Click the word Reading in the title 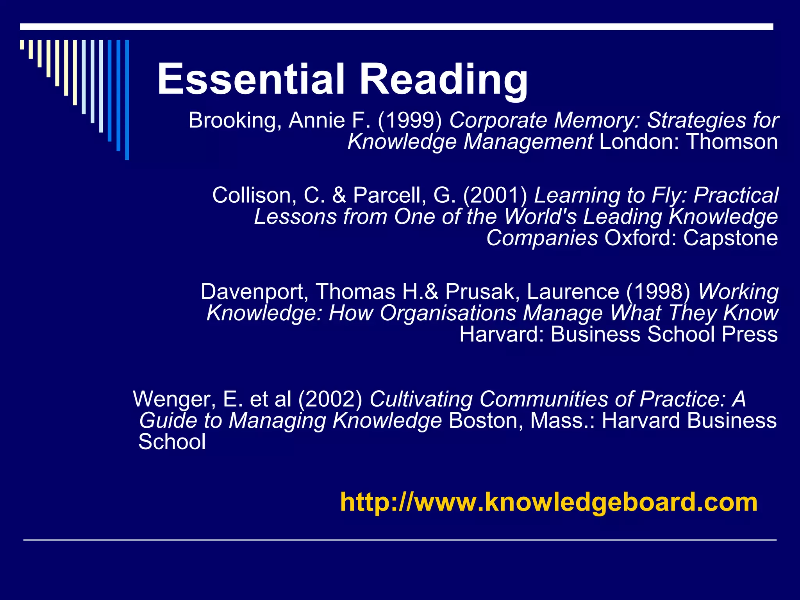coord(444,80)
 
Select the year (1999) coord(410,120)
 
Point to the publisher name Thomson coord(732,141)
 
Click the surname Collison coord(254,195)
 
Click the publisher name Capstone coord(730,238)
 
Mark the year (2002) coord(330,399)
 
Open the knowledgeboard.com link coord(549,502)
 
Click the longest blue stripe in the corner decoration coord(127,100)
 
